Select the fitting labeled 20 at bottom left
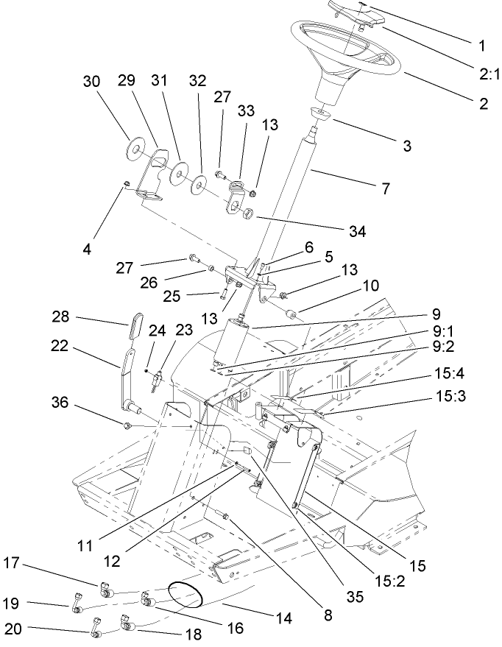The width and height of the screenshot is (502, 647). click(96, 628)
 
